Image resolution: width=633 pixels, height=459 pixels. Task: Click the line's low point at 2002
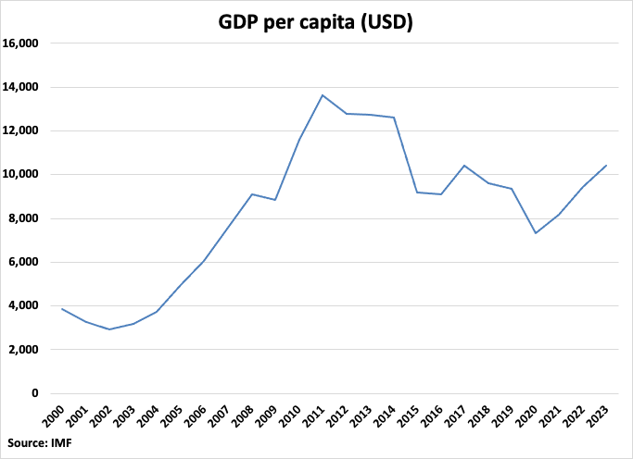click(x=110, y=329)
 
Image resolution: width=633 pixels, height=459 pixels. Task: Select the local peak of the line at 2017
click(x=463, y=166)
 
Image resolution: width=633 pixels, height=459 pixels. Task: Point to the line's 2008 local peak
click(x=251, y=194)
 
